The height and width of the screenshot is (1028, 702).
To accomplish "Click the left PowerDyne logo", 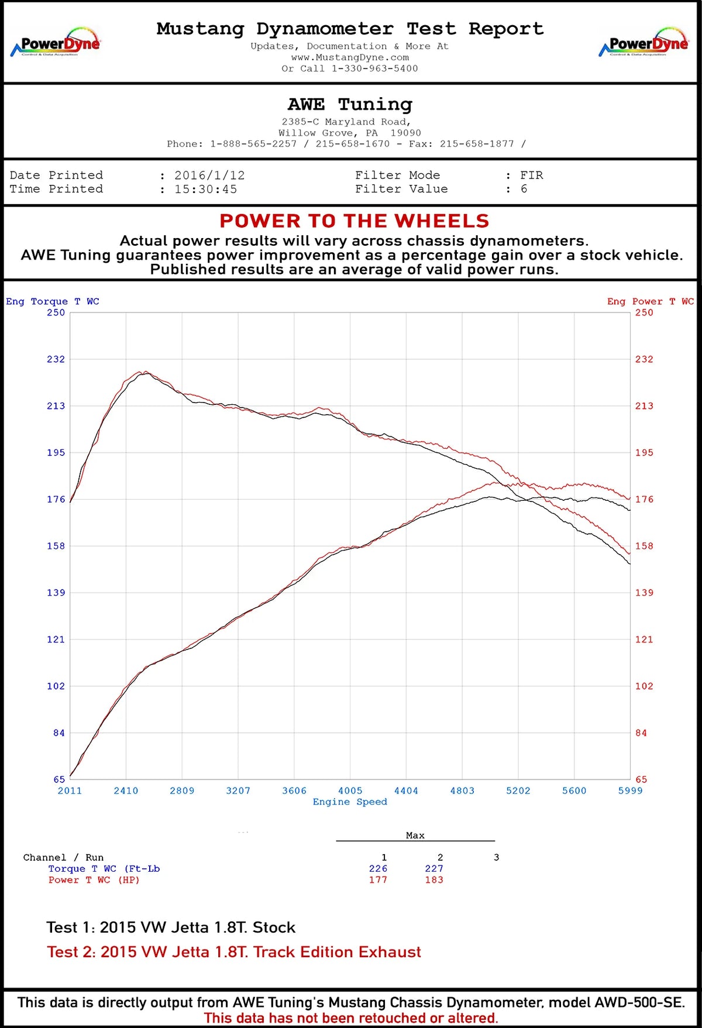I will (x=56, y=43).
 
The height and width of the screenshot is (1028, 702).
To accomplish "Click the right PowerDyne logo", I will (x=644, y=43).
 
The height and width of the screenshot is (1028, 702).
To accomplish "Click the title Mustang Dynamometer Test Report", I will (x=350, y=29).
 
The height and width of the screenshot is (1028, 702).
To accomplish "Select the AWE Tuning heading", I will (x=350, y=104).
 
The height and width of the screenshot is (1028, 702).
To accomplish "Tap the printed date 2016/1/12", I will (x=209, y=176).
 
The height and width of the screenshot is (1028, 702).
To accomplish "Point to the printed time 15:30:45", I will (x=205, y=190).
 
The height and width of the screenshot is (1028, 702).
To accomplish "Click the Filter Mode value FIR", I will (x=531, y=176).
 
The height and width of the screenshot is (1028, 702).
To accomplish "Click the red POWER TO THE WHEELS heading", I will (x=354, y=221).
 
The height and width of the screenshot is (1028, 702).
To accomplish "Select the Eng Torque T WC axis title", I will (x=53, y=301).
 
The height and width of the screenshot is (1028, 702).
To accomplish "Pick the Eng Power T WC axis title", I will (x=650, y=301).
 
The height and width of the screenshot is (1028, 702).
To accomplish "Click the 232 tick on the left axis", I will (x=56, y=359).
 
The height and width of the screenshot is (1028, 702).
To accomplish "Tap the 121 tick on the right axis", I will (x=644, y=640).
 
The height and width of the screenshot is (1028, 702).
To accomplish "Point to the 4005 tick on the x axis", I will (x=350, y=791).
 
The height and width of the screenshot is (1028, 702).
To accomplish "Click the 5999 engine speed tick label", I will (x=630, y=791).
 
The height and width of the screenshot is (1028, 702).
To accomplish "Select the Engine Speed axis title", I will (x=350, y=802).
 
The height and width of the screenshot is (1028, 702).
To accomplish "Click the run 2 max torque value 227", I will (x=434, y=869).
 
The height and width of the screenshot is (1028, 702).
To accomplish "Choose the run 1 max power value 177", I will (x=378, y=880).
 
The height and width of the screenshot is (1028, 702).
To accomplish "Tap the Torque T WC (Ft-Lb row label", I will (x=104, y=869).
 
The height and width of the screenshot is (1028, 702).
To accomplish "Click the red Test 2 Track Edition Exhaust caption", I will (x=234, y=952).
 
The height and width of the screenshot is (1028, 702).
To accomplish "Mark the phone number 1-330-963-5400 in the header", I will (x=374, y=68).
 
